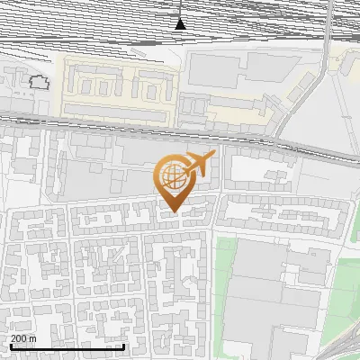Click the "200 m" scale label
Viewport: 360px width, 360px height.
tap(24, 338)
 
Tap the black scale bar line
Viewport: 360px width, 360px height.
tap(67, 346)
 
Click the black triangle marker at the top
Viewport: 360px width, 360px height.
tap(181, 23)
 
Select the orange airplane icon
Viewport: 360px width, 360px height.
tap(198, 163)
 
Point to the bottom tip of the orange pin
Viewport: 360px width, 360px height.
tap(172, 211)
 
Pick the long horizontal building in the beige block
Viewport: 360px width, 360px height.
tap(116, 109)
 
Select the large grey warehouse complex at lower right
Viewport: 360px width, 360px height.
tap(279, 297)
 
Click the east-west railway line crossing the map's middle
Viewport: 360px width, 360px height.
tap(135, 125)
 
